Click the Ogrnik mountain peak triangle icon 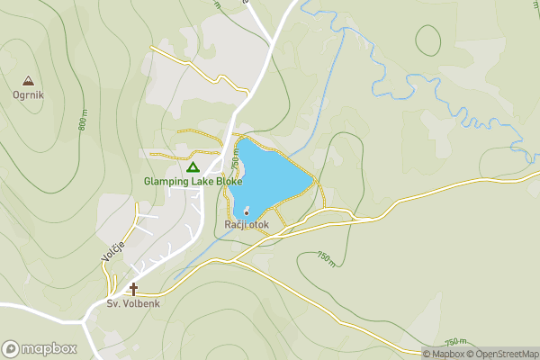28,80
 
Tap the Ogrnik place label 28,94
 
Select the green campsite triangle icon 192,166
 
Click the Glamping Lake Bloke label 193,181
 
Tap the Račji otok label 247,224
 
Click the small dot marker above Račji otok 247,212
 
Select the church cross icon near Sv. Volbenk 134,289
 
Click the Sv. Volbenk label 133,303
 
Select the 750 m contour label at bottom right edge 456,341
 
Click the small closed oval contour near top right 428,38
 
